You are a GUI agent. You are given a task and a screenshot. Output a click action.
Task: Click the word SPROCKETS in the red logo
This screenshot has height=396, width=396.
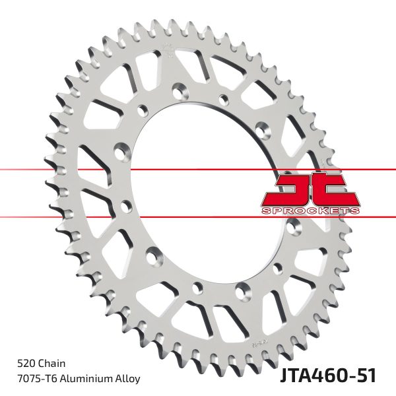[310, 211]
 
